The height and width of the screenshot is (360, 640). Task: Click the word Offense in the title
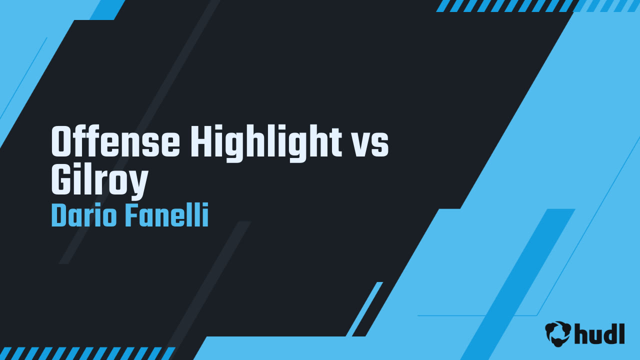[116, 142]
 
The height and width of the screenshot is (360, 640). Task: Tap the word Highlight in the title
[265, 142]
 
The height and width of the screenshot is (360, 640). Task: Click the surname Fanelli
[166, 216]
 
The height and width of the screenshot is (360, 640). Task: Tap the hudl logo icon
[557, 333]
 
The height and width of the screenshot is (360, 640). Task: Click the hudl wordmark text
[600, 333]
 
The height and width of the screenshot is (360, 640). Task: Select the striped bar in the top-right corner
[537, 5]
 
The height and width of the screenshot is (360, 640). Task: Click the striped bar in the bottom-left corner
[87, 353]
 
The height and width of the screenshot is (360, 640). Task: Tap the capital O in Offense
[62, 142]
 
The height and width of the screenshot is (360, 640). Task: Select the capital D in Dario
[59, 216]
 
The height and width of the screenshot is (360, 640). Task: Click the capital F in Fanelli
[131, 216]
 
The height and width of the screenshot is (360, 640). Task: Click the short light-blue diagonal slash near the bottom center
[364, 309]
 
